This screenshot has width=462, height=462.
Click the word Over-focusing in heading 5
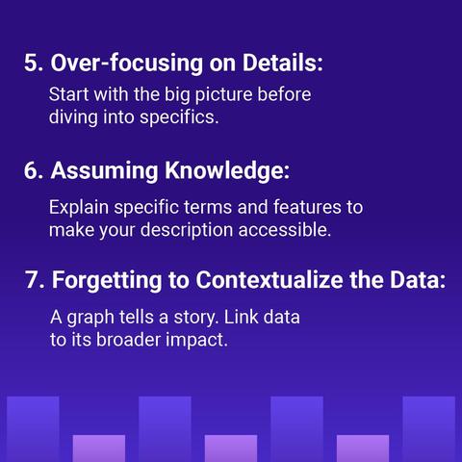tap(127, 63)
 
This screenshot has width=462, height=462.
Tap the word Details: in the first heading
tap(282, 63)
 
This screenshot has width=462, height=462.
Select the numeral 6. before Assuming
tap(34, 170)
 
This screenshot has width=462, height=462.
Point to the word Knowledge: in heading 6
tap(227, 170)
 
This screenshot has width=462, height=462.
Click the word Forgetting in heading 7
tap(107, 280)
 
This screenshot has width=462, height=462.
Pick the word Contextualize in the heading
tap(269, 280)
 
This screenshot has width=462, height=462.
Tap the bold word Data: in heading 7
tap(418, 280)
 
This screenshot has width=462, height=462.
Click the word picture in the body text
tap(223, 95)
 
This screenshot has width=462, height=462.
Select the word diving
tap(73, 117)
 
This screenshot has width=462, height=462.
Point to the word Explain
tap(79, 208)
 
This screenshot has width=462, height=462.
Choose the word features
tap(307, 207)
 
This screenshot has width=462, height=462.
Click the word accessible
tap(285, 230)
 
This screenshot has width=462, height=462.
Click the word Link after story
tap(241, 317)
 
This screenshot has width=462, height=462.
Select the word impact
tap(196, 341)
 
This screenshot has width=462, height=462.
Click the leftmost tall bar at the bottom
tap(33, 429)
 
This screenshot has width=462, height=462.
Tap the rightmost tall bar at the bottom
tap(429, 429)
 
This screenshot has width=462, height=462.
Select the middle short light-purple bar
tap(231, 449)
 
